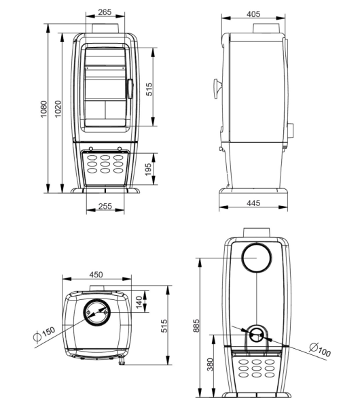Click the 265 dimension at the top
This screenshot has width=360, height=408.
[x=105, y=12]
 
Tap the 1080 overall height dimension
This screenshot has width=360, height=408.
[x=44, y=109]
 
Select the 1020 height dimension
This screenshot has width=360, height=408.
[x=58, y=109]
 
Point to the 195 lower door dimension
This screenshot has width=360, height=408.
[x=147, y=169]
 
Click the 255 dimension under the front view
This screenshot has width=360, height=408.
[x=105, y=206]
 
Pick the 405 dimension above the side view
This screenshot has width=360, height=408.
[x=253, y=14]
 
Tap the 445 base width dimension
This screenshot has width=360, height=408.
[x=253, y=203]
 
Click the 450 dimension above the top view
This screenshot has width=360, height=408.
[x=96, y=275]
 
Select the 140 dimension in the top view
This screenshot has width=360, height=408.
[x=139, y=302]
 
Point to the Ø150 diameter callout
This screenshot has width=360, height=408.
[x=44, y=334]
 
